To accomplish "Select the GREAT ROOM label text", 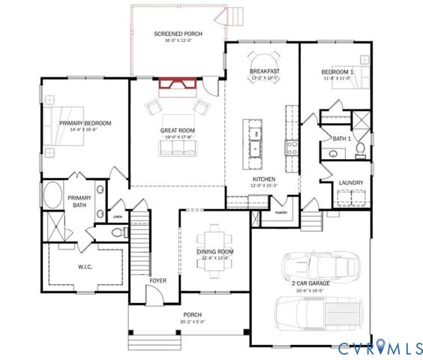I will pyautogui.click(x=178, y=130).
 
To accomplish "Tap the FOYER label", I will pyautogui.click(x=157, y=280).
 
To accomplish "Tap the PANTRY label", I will pyautogui.click(x=281, y=213).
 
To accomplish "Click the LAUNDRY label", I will pyautogui.click(x=352, y=182).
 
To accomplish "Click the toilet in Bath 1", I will pyautogui.click(x=360, y=150).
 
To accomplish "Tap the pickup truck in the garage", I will pyautogui.click(x=315, y=311).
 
